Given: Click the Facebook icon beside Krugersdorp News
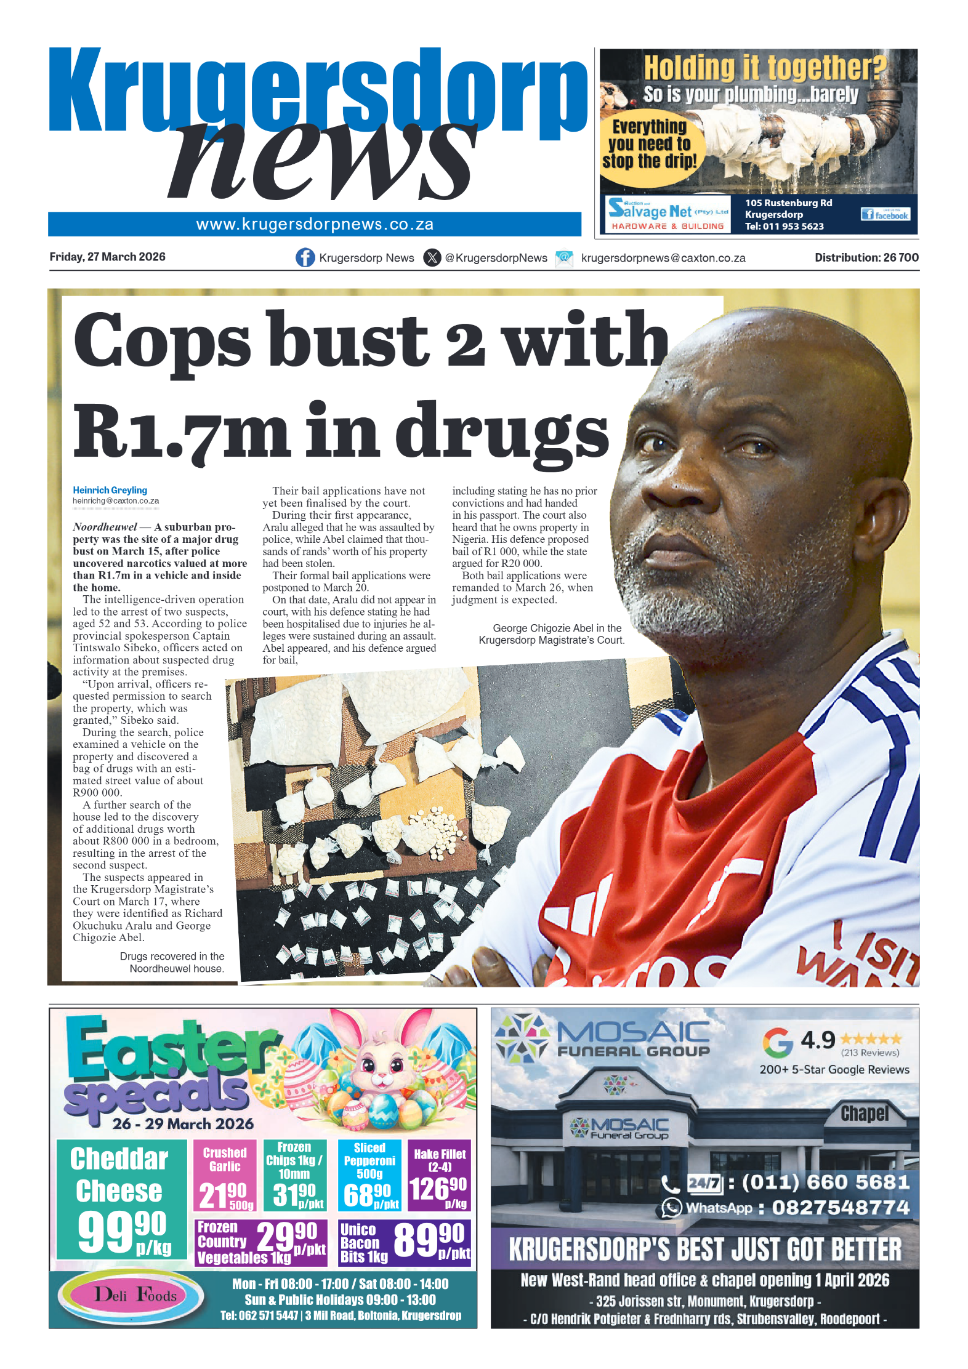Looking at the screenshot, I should coord(305,257).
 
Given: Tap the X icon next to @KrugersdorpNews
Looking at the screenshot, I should coord(432,257).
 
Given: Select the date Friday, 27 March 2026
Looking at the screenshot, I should coord(107,257).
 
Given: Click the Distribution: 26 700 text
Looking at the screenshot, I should coord(866,257).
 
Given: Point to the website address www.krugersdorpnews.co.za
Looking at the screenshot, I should coord(315,224).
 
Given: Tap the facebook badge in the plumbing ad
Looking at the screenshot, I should coord(885,214).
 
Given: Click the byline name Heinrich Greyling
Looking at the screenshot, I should coord(110,490).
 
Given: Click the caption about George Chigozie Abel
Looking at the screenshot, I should coord(552,634).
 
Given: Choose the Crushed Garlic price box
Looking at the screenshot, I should coord(225,1176).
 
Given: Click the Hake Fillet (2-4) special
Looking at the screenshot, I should coord(439,1176).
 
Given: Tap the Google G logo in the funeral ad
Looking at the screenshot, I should coord(777,1042).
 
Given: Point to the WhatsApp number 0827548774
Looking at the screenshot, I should coord(840,1208).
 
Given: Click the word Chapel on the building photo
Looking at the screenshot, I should coord(865,1114).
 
